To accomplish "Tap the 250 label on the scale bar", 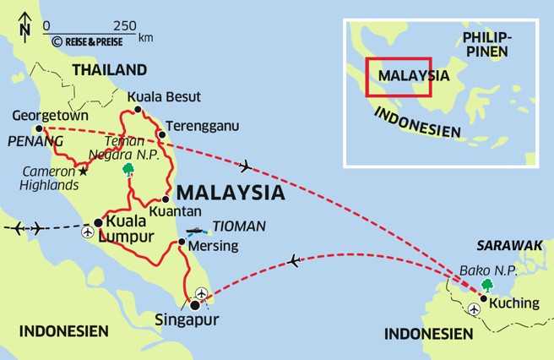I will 125,25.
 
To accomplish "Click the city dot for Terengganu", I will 161,134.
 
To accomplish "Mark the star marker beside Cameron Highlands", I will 83,172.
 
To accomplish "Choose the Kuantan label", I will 175,211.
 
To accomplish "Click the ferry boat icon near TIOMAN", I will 196,230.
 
